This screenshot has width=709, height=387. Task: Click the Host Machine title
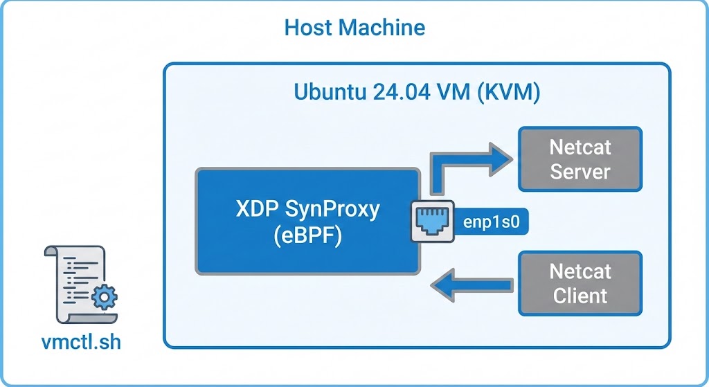(354, 28)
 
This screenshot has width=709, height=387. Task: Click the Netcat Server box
(580, 159)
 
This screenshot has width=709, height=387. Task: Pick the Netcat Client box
(580, 283)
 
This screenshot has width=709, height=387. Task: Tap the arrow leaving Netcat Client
(470, 284)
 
